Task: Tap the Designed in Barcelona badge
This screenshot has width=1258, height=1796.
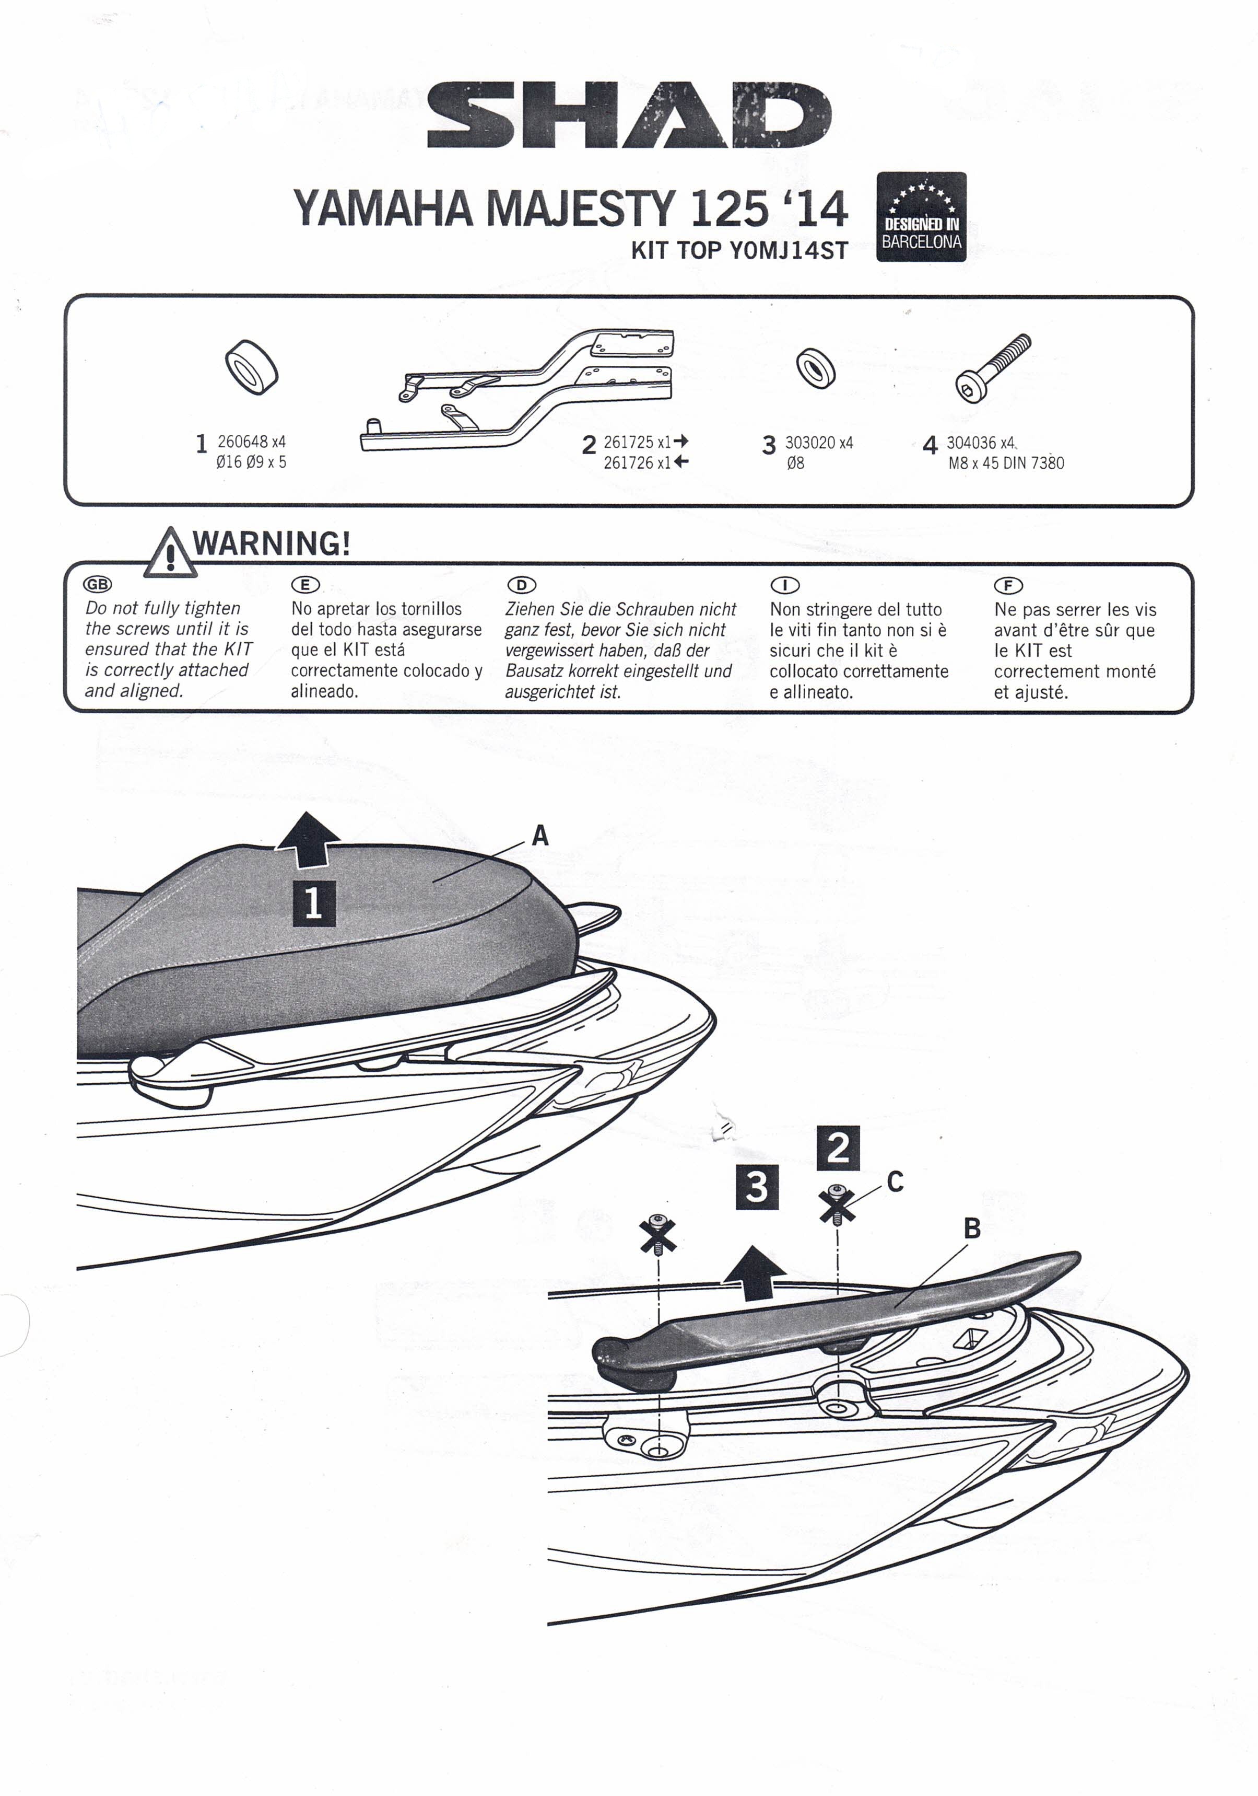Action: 921,217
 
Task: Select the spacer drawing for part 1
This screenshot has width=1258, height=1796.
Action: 252,366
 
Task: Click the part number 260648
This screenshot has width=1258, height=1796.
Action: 242,442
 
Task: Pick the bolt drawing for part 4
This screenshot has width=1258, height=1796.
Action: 993,368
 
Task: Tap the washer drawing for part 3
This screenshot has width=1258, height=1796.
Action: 816,368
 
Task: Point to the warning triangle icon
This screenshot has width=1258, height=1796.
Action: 170,553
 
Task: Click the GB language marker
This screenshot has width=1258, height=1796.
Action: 98,584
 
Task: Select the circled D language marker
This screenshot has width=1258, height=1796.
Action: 522,585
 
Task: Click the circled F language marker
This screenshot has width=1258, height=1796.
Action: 1008,585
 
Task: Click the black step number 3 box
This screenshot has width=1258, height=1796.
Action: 757,1187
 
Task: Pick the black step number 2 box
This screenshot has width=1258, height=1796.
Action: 838,1148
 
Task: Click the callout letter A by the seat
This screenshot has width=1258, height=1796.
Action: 540,836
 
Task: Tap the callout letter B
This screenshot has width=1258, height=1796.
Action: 972,1228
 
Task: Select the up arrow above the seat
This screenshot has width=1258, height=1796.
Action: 310,839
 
